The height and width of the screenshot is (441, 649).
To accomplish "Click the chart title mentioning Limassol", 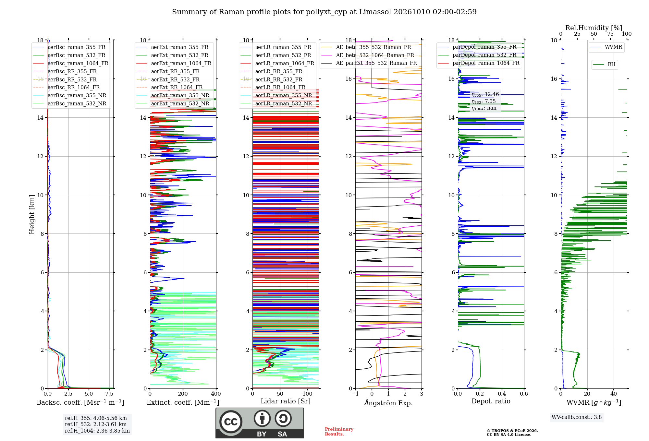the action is click(324, 12).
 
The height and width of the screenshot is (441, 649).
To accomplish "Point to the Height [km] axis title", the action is click(32, 214).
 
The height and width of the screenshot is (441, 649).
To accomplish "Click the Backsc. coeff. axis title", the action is click(80, 402).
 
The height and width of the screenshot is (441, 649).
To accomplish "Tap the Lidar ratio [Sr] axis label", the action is click(286, 401).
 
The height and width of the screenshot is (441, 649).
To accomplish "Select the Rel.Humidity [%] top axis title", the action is click(594, 28).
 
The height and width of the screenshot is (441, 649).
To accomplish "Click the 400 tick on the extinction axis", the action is click(216, 394).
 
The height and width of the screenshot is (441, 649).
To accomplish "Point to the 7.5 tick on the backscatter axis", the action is click(109, 394).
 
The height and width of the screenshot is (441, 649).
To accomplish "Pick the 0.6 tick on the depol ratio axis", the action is click(524, 394).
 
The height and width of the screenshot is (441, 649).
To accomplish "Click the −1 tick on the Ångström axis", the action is click(355, 394).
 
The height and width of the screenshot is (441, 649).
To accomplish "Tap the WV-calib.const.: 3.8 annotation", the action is click(577, 417).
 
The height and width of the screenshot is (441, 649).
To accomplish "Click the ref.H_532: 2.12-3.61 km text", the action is click(96, 424).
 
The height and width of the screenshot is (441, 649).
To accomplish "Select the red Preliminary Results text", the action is click(339, 432).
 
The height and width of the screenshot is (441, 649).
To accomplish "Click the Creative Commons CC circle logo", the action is click(231, 422).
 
